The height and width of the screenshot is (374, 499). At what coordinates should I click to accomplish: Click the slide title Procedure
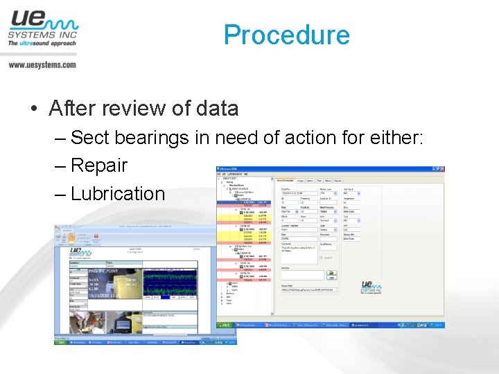(x=286, y=35)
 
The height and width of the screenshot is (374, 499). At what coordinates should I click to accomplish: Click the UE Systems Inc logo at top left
(x=42, y=28)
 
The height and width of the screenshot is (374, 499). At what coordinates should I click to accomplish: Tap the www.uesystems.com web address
(x=42, y=64)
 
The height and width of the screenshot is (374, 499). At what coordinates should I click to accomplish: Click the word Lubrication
(x=118, y=193)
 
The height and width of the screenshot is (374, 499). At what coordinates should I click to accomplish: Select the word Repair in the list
(x=99, y=166)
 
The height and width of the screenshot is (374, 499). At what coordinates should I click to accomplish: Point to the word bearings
(x=152, y=137)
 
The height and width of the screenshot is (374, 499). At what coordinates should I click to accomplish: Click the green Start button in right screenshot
(x=225, y=323)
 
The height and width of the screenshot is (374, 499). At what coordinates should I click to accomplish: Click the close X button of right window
(x=441, y=169)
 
